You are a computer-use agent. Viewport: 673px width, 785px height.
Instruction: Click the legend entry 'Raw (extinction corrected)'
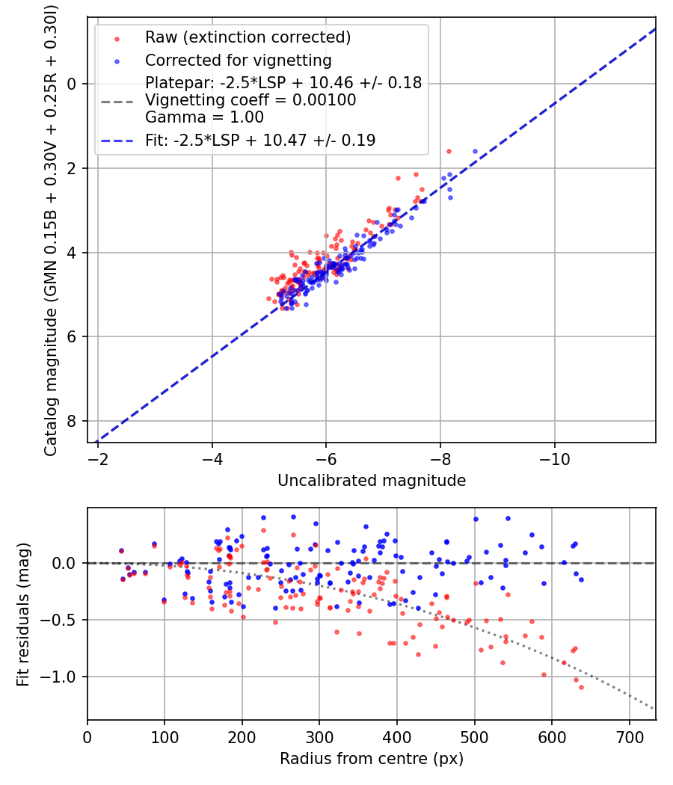(x=248, y=37)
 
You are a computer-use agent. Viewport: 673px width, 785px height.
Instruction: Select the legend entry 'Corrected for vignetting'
(x=238, y=60)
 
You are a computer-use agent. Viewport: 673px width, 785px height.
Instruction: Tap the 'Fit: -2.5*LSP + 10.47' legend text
(x=259, y=140)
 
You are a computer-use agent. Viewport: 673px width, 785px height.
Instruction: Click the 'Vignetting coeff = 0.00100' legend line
(x=251, y=100)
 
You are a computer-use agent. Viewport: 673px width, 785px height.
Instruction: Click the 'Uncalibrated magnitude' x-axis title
(x=372, y=481)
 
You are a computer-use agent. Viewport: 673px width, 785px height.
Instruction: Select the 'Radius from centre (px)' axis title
(x=372, y=759)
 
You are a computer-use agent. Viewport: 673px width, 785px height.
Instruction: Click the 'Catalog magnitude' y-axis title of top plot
(x=51, y=229)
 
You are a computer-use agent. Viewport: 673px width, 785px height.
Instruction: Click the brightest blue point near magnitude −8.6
(x=475, y=152)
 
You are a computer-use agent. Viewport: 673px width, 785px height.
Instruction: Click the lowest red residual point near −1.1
(x=581, y=687)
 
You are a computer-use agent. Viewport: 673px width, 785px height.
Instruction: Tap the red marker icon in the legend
(x=116, y=37)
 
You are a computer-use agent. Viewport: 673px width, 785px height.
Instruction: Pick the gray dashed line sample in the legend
(x=116, y=100)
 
